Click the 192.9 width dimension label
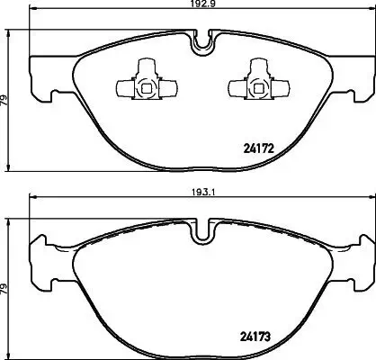pyautogui.click(x=199, y=5)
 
